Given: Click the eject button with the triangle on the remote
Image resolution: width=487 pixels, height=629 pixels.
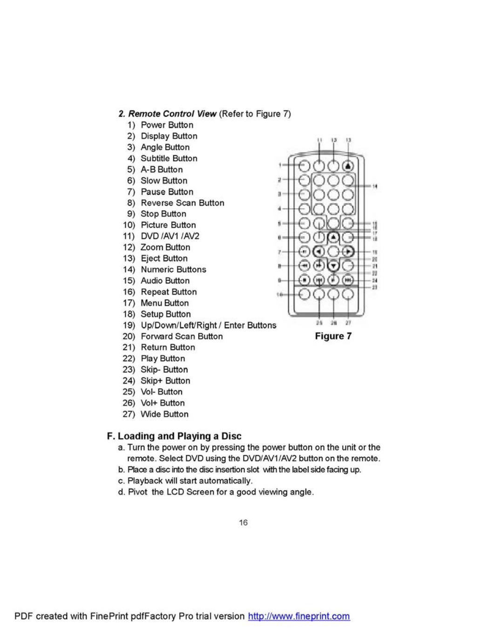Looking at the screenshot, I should [x=349, y=166].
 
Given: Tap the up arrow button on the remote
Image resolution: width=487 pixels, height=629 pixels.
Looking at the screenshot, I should [x=333, y=237].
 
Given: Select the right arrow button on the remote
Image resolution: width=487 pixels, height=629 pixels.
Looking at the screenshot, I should [x=348, y=252].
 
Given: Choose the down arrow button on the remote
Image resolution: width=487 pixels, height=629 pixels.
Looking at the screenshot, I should [x=333, y=266].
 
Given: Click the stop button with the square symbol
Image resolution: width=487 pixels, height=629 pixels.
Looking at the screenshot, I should [x=304, y=280].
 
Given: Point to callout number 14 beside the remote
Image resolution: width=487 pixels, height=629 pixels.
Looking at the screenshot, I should [x=375, y=186].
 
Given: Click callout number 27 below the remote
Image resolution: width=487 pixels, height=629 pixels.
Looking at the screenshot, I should [x=348, y=322].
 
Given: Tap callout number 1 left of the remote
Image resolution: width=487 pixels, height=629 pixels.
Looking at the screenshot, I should [x=280, y=165].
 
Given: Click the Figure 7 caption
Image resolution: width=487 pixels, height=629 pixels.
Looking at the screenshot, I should [x=333, y=336].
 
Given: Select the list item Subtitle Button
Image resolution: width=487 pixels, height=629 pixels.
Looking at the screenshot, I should [x=169, y=158].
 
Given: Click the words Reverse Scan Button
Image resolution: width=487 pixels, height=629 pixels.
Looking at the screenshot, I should [x=183, y=203].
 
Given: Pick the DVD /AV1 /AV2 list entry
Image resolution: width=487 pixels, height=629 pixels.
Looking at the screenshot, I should [x=170, y=236].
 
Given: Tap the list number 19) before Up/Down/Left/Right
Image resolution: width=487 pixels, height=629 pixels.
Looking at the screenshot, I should [x=129, y=325].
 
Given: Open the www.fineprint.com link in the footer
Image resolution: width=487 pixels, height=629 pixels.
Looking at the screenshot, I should [x=299, y=616].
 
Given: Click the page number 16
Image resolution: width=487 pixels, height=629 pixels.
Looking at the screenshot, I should [x=243, y=523].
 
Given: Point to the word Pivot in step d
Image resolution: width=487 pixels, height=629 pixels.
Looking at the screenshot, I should [x=138, y=492].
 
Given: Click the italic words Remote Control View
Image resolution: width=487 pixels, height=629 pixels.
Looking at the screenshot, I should [x=172, y=114].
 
